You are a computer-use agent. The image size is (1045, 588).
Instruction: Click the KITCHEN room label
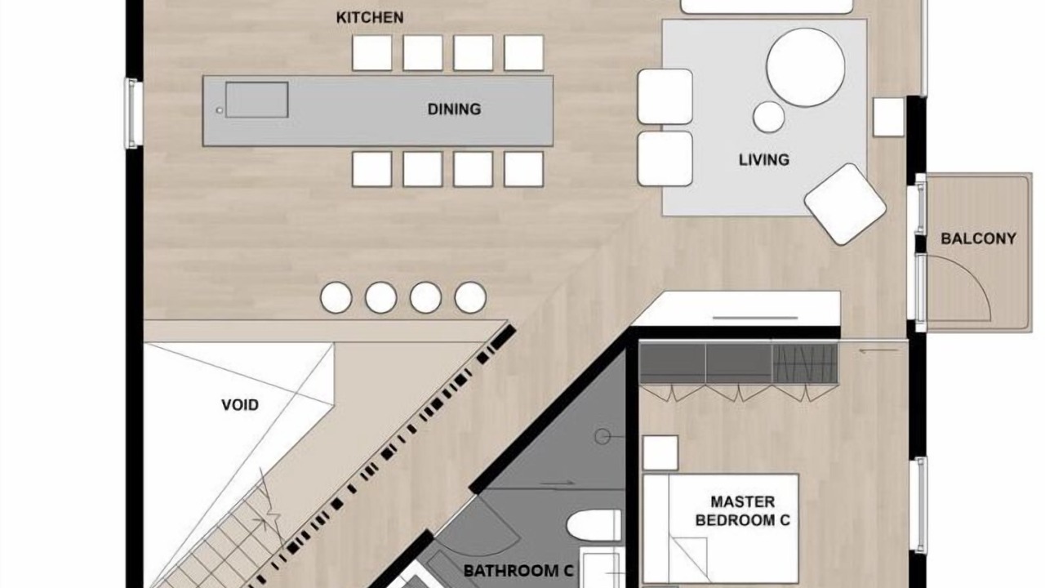[x=370, y=18]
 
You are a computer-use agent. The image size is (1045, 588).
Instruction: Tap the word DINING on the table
[x=454, y=109]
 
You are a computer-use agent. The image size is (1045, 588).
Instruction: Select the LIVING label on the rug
[x=763, y=160]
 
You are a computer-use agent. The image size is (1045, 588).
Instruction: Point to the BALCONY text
[x=978, y=239]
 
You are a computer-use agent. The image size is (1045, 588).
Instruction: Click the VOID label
[x=240, y=404]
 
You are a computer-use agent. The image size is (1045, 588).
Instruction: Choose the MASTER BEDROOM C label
[x=743, y=511]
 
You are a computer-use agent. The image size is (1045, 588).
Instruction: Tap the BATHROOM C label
[x=518, y=571]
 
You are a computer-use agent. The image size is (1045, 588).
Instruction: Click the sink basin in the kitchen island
[x=256, y=100]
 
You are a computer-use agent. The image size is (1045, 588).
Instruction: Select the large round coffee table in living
[x=805, y=67]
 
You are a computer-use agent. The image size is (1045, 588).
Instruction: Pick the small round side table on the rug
[x=768, y=117]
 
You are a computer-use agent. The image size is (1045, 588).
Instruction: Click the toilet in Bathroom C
[x=594, y=525]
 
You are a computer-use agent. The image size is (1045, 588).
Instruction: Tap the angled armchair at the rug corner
[x=845, y=204]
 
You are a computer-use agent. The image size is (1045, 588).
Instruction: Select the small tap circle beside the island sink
[x=220, y=110]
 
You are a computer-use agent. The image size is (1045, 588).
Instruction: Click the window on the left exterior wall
[x=132, y=114]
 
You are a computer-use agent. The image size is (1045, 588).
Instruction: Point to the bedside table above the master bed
[x=660, y=452]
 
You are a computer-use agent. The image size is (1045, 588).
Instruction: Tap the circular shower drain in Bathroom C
[x=603, y=436]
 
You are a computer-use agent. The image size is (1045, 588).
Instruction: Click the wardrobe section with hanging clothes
[x=805, y=363]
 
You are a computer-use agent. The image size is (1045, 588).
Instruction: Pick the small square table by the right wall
[x=888, y=117]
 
